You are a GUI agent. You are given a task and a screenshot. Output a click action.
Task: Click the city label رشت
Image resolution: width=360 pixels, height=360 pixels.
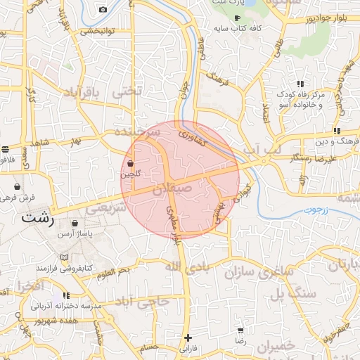point(38,217)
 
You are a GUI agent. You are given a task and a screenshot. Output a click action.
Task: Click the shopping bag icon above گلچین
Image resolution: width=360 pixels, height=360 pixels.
point(131,164)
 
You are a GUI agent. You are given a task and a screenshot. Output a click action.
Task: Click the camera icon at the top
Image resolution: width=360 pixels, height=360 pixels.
point(103,9)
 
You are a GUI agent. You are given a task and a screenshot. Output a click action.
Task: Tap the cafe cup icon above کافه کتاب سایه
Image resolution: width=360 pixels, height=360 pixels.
point(237,18)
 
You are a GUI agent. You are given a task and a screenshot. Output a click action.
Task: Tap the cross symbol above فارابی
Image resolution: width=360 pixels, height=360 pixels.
point(188,337)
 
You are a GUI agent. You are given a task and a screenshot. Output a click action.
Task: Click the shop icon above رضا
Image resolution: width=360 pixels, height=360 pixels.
point(240,330)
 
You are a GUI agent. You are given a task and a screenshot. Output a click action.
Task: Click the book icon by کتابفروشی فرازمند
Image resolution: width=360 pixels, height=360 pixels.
point(65,257)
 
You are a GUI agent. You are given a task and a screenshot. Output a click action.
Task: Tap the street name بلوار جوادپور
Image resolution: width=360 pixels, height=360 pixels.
point(309,18)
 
